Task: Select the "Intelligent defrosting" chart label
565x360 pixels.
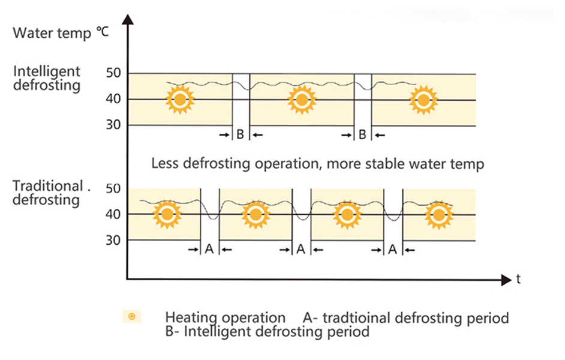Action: (47, 78)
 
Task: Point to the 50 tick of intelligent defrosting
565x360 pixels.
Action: (114, 73)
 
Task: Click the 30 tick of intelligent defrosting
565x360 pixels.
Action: (114, 124)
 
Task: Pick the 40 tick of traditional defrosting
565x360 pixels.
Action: (114, 214)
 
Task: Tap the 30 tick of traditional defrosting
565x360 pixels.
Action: (114, 239)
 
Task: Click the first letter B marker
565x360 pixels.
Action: (240, 135)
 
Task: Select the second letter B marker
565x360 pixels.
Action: (362, 135)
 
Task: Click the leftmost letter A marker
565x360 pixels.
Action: (209, 249)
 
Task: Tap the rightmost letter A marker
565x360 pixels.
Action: (392, 249)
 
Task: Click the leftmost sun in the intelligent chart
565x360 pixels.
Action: (179, 100)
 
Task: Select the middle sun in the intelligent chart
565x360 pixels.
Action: (301, 100)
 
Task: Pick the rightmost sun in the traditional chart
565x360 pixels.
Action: (439, 214)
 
